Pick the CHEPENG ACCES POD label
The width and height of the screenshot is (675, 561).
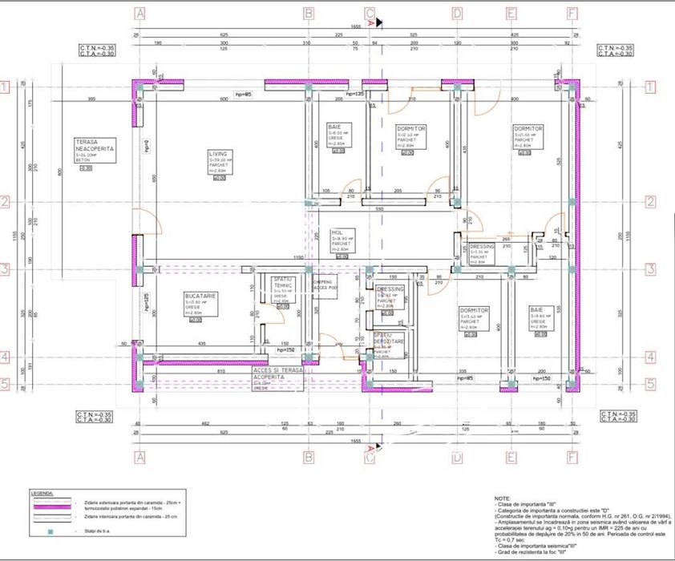coord(323,285)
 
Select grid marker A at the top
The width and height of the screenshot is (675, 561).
coord(140,14)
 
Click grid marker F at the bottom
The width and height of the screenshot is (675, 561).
coord(572,459)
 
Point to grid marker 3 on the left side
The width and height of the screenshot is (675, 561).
coord(6,270)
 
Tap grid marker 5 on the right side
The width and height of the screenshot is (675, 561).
coord(650,384)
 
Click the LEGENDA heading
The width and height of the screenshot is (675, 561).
coord(42,493)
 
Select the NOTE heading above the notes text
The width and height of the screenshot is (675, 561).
coord(503,498)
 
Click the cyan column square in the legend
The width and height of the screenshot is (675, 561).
coord(51,531)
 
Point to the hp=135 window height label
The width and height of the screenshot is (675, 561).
coord(355,95)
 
